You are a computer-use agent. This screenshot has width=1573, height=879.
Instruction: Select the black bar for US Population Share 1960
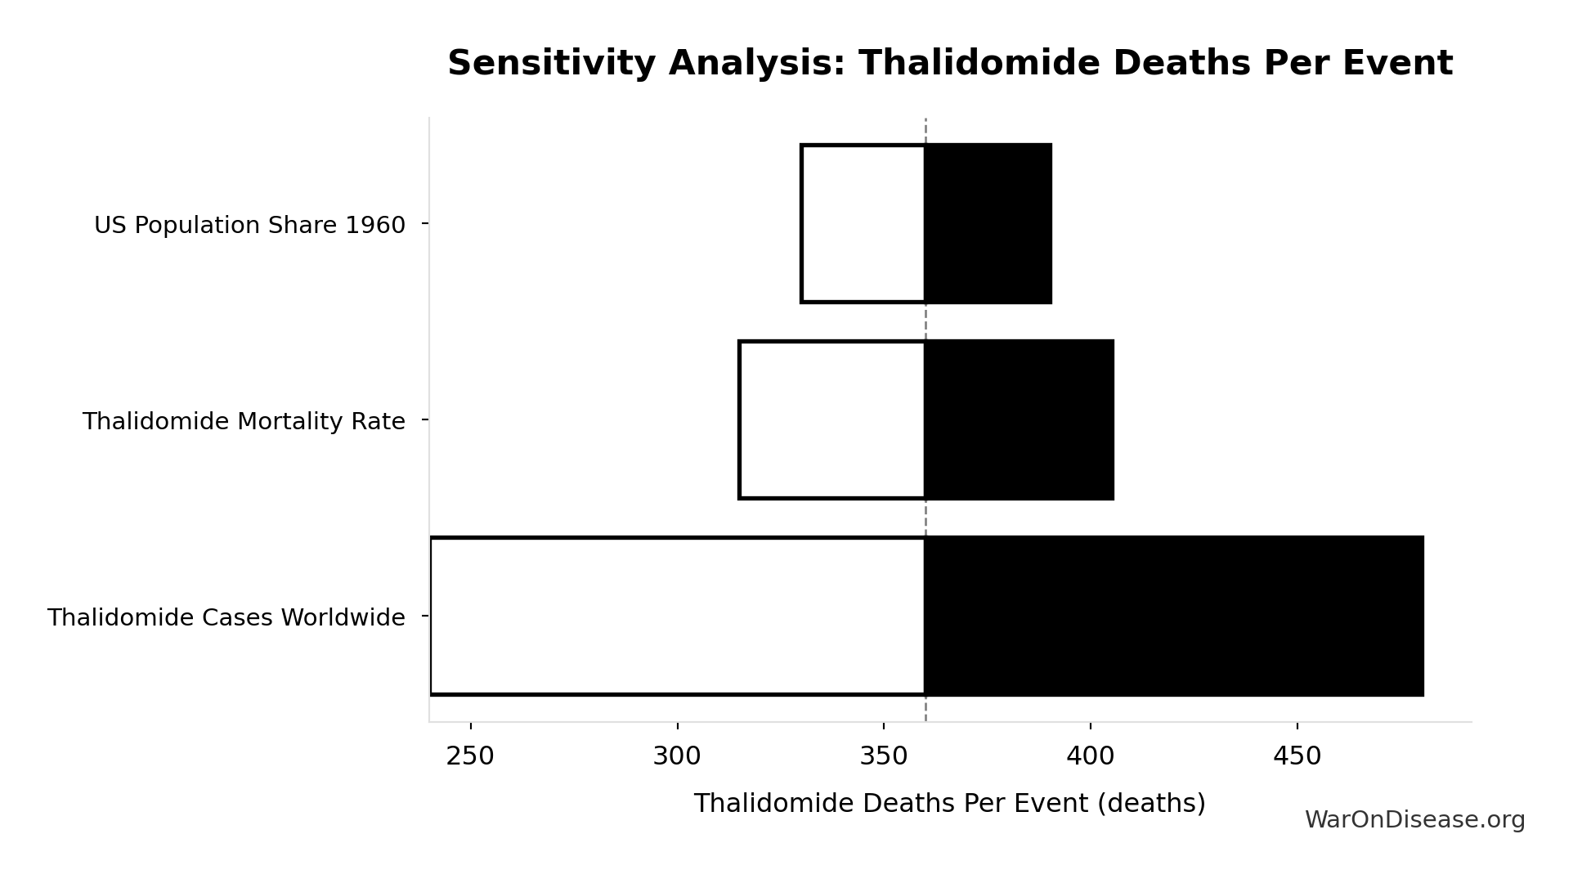click(x=988, y=223)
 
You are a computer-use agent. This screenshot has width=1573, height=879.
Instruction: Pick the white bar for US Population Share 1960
click(x=863, y=223)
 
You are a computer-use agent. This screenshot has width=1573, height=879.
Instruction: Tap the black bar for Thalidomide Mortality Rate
click(x=1019, y=419)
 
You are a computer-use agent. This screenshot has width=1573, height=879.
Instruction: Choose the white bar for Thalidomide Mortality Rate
click(x=832, y=419)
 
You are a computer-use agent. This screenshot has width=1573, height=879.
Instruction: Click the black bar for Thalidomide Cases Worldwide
click(x=1174, y=616)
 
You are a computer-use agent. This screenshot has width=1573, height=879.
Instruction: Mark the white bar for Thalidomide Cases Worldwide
click(x=678, y=616)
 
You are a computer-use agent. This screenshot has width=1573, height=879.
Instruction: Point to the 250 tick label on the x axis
click(x=470, y=757)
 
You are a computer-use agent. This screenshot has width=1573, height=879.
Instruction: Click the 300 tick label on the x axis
click(x=677, y=757)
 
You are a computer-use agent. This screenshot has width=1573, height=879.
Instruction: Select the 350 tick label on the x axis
click(x=884, y=757)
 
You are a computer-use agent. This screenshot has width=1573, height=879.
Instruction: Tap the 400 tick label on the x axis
click(x=1090, y=757)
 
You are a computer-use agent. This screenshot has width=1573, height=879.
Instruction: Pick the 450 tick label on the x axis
click(x=1297, y=757)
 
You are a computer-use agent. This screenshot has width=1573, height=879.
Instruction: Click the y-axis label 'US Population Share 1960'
click(x=249, y=225)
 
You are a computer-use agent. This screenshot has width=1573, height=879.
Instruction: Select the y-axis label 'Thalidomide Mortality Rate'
click(x=244, y=421)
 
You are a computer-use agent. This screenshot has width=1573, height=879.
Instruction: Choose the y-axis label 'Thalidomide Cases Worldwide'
click(x=226, y=617)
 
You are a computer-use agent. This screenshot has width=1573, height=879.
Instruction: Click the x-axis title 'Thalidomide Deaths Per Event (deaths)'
click(x=949, y=804)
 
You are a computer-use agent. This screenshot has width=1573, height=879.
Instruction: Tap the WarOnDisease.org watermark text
click(x=1414, y=820)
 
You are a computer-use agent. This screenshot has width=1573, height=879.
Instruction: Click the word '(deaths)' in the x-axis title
click(x=1151, y=804)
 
